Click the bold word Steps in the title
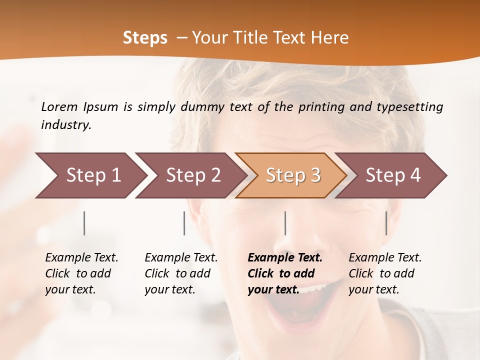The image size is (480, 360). click(x=145, y=38)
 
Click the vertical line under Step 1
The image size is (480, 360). click(x=84, y=223)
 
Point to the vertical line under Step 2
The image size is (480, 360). click(x=184, y=223)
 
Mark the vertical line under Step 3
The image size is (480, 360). click(x=285, y=223)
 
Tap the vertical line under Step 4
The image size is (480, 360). click(x=386, y=223)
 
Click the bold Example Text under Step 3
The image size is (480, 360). click(x=285, y=257)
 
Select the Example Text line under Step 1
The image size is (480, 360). click(x=81, y=257)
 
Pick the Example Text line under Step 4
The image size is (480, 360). click(x=385, y=257)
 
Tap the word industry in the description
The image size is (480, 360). click(x=65, y=125)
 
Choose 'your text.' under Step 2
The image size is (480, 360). click(x=169, y=289)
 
